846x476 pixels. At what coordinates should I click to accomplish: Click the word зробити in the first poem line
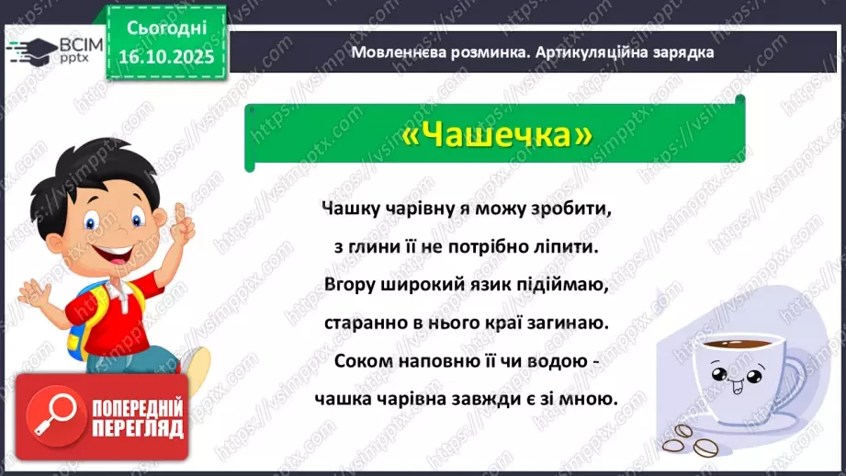click(x=575, y=209)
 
